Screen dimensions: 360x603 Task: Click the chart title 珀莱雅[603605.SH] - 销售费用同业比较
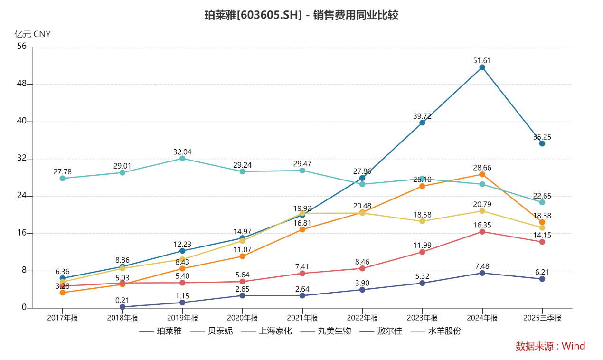click(x=301, y=15)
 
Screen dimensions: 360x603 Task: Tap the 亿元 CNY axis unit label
click(x=32, y=34)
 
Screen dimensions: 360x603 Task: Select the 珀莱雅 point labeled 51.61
click(x=482, y=67)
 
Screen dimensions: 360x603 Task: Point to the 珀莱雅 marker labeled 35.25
click(x=542, y=143)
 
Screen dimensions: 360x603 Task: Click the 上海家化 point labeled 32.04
click(x=182, y=158)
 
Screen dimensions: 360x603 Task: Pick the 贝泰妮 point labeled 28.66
click(x=482, y=174)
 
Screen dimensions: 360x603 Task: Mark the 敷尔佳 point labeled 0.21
click(x=122, y=307)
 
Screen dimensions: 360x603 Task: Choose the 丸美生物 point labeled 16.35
click(x=482, y=232)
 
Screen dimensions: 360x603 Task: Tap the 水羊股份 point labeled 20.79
click(x=482, y=211)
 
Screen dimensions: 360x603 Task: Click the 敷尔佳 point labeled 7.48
click(x=482, y=273)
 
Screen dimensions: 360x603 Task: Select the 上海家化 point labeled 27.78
click(x=62, y=178)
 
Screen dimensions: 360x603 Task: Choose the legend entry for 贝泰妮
click(x=212, y=331)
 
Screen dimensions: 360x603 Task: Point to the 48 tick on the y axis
click(x=21, y=84)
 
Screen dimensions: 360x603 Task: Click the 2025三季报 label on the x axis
click(x=542, y=318)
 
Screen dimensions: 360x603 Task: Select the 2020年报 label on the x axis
click(x=242, y=318)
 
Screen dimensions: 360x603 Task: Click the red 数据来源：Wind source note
click(x=550, y=346)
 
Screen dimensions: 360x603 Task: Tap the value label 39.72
click(x=422, y=116)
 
